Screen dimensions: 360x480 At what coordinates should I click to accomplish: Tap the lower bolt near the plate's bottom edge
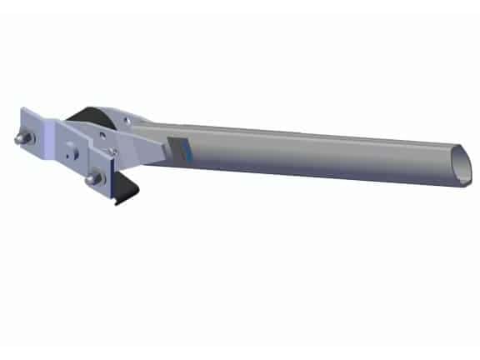91,178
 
